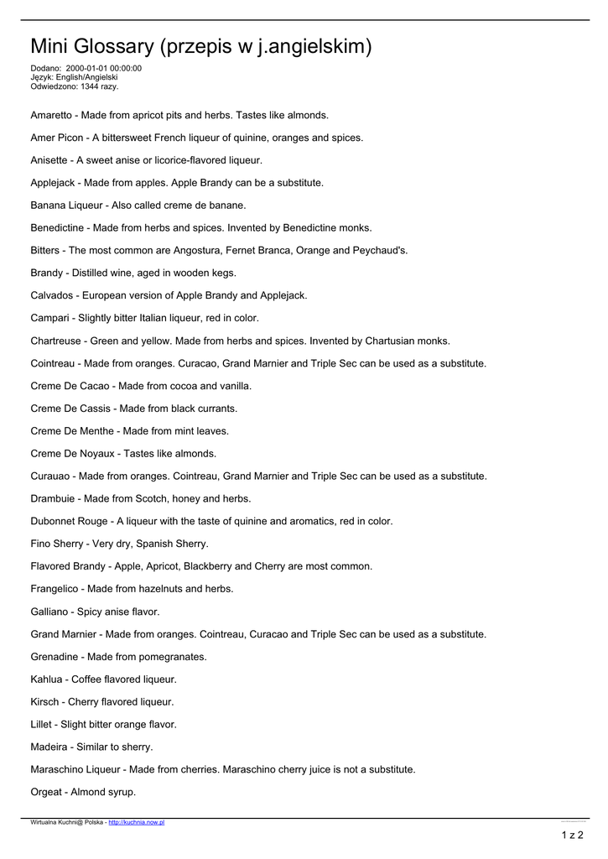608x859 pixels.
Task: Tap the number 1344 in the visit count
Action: tap(91, 86)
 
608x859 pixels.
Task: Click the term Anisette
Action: tap(49, 160)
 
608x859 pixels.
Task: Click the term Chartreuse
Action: tap(55, 341)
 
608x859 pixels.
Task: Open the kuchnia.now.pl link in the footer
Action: tap(137, 823)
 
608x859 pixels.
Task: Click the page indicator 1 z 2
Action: tap(572, 835)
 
